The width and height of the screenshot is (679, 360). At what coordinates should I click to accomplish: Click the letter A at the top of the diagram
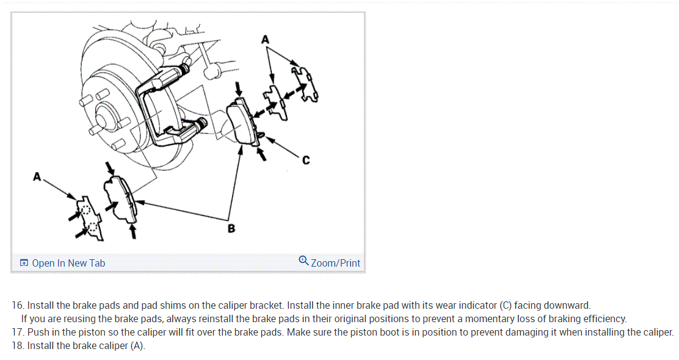tap(265, 40)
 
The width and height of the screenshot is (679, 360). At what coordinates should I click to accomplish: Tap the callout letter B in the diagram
tap(231, 229)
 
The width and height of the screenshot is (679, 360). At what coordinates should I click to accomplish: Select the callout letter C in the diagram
tap(305, 160)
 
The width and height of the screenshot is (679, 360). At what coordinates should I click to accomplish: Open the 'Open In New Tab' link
tap(68, 263)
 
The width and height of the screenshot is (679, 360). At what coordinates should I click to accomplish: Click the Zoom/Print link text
tap(335, 263)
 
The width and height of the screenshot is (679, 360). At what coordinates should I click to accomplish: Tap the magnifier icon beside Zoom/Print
tap(303, 261)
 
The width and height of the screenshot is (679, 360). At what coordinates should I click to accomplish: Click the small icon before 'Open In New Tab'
tap(24, 263)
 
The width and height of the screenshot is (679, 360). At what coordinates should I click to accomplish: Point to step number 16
tap(18, 305)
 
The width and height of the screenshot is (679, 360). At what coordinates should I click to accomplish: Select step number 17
tap(18, 333)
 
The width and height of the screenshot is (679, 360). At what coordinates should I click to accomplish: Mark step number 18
tap(18, 346)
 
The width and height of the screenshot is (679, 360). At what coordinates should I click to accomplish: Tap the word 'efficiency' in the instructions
tap(603, 319)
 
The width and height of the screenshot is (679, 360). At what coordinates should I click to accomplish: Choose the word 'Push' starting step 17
tap(38, 333)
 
